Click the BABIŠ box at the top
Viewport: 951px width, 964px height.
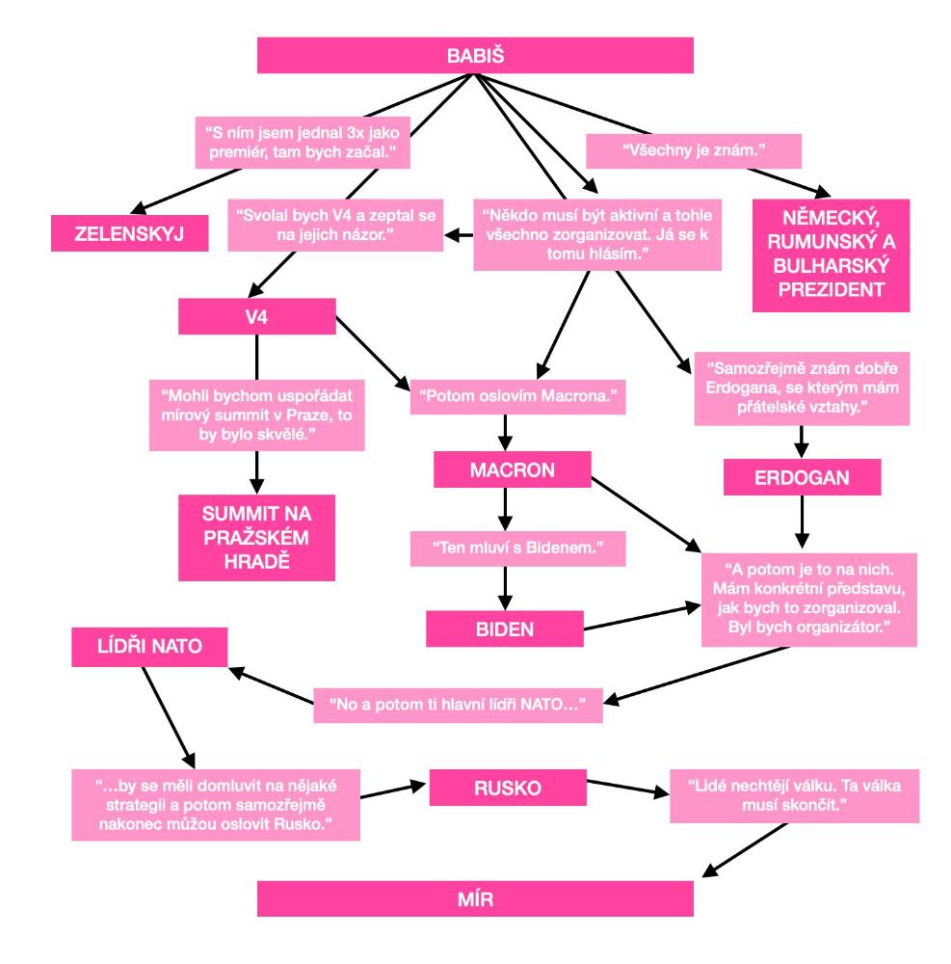click(475, 55)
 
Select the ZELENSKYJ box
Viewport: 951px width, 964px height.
click(130, 232)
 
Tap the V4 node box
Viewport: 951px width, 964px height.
click(256, 315)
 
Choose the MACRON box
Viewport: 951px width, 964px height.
click(511, 472)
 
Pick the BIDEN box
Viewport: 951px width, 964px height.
click(505, 629)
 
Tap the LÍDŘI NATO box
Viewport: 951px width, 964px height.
click(149, 647)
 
